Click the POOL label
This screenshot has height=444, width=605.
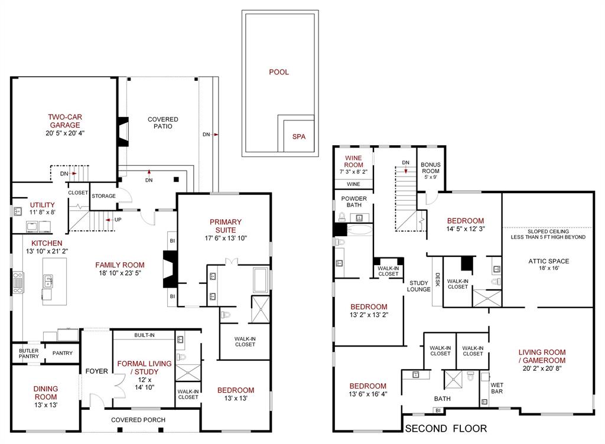[x=279, y=72]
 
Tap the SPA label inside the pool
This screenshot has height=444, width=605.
[x=299, y=136]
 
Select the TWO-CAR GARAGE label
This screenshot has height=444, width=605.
[x=64, y=121]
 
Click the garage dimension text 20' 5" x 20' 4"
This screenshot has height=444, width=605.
[x=64, y=133]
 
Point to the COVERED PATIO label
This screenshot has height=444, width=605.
[x=162, y=123]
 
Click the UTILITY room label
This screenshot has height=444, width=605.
[x=42, y=205]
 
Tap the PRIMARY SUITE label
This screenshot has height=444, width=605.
[x=225, y=226]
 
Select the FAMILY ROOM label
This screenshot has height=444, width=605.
[x=120, y=265]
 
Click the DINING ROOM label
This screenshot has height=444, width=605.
[x=45, y=393]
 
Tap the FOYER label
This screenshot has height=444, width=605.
[x=96, y=371]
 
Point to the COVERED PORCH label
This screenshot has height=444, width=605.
[x=138, y=420]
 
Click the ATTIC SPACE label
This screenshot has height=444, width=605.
[x=549, y=260]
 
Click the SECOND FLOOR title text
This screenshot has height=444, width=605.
[x=445, y=429]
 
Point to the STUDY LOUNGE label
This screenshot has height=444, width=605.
[x=419, y=286]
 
